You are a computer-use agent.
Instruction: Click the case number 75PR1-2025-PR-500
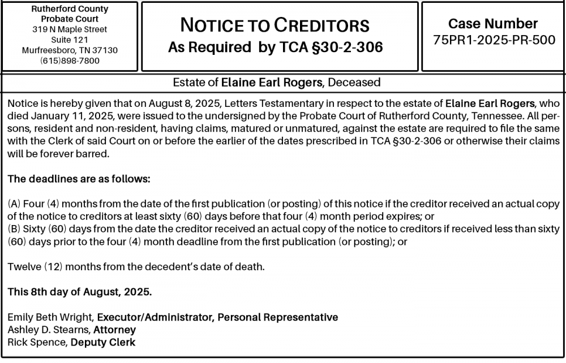pos(494,40)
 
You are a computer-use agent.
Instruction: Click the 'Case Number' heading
pos(493,24)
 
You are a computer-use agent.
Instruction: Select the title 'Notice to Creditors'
pos(275,25)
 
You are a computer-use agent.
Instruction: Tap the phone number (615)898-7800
pos(70,60)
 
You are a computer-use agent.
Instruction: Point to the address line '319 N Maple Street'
pos(70,29)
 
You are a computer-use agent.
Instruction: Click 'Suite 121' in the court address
pos(70,40)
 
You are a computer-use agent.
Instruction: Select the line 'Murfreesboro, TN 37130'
pos(70,50)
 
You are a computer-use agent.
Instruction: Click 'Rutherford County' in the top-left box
pos(70,9)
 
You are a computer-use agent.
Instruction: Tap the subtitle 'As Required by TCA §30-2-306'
pos(275,47)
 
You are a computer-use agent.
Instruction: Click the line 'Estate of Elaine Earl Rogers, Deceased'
pos(277,83)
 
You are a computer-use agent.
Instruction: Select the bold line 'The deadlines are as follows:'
pos(79,179)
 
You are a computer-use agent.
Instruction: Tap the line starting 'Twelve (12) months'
pos(136,266)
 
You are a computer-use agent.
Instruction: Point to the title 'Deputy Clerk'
pos(103,342)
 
